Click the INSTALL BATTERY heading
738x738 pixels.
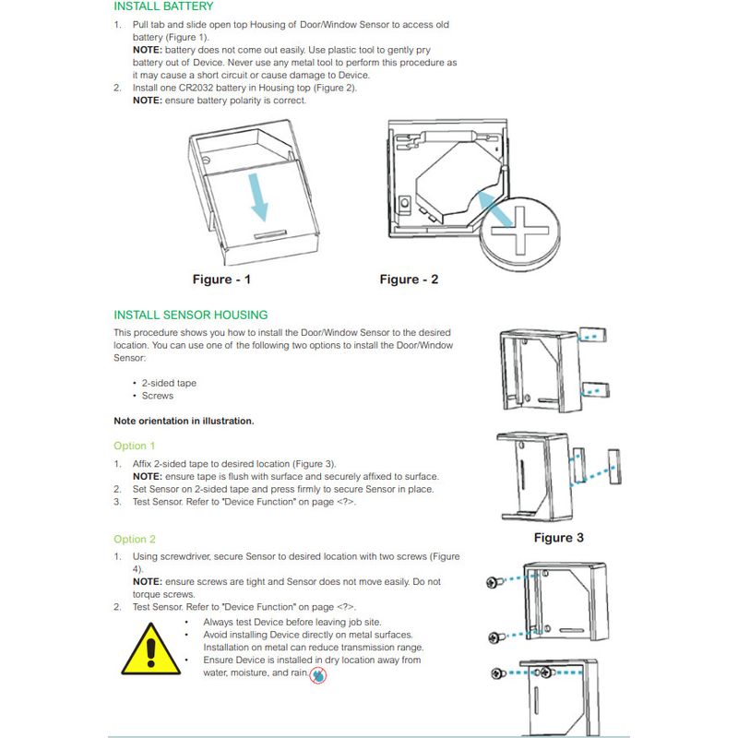pyautogui.click(x=163, y=6)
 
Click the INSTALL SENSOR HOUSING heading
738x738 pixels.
pyautogui.click(x=191, y=315)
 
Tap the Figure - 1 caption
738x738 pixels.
pyautogui.click(x=221, y=280)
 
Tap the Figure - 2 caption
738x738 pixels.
pyautogui.click(x=409, y=280)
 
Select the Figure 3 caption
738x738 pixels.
pyautogui.click(x=559, y=538)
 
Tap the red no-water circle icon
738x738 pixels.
pyautogui.click(x=318, y=675)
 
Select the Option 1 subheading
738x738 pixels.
pyautogui.click(x=135, y=446)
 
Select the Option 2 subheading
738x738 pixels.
pyautogui.click(x=135, y=539)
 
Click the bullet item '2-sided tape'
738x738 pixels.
pyautogui.click(x=169, y=383)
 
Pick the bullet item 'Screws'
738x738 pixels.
pyautogui.click(x=158, y=396)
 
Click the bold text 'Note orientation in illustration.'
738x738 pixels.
pyautogui.click(x=184, y=421)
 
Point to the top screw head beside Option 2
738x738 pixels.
pyautogui.click(x=491, y=582)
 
